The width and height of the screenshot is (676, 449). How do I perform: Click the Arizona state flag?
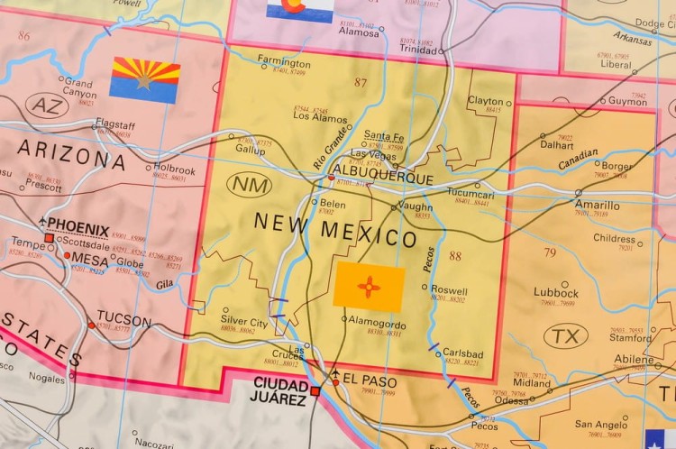pos(144,79)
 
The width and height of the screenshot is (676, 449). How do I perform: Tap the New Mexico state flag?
pos(369,287)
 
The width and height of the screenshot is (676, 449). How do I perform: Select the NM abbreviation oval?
pos(251,186)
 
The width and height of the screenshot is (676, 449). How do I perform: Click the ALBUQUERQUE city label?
pos(383,179)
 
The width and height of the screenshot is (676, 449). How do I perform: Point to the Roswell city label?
pos(449,290)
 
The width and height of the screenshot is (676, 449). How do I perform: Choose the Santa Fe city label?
pos(384,135)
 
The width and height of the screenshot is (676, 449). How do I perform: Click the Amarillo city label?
pos(597,205)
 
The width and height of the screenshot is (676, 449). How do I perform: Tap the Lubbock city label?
pos(556,293)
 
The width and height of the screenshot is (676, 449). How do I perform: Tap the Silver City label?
pos(244,322)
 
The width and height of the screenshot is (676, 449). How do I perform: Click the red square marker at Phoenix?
pos(49,237)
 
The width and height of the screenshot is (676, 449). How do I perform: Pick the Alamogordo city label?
pos(378,325)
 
